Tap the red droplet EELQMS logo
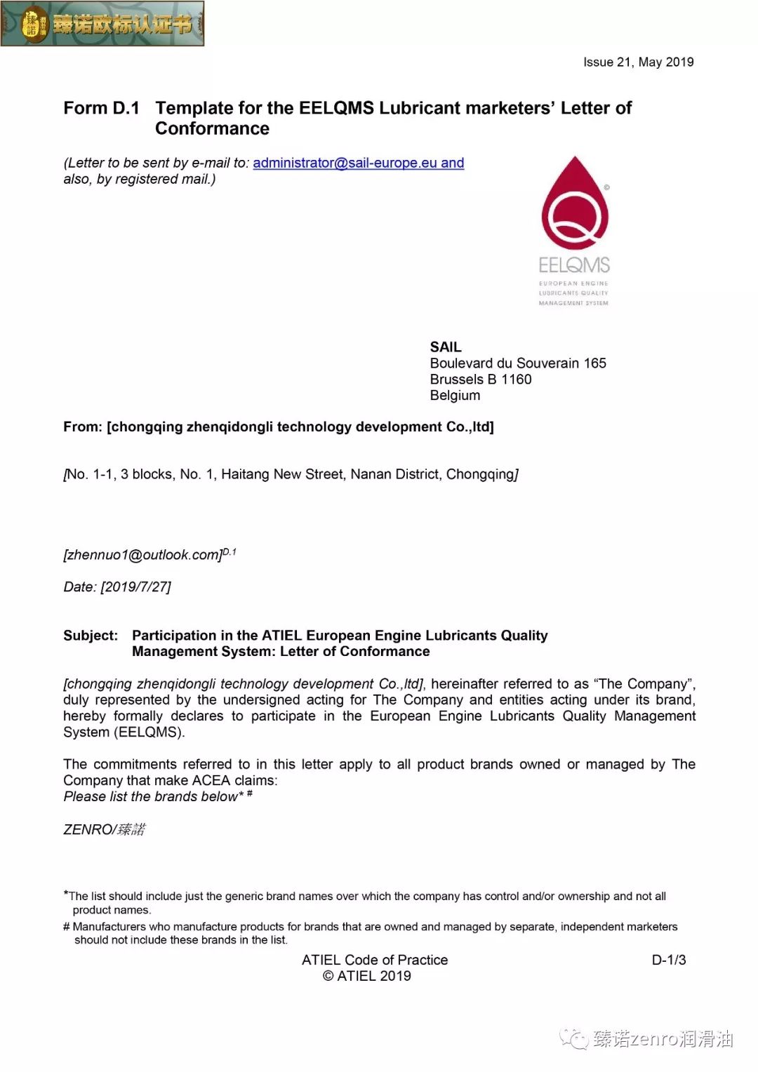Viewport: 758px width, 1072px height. pos(575,204)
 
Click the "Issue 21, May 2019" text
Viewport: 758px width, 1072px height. pos(638,62)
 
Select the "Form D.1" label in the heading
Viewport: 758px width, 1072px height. pos(101,108)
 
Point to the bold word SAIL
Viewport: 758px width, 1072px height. pos(446,347)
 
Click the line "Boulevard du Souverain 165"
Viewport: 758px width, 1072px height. pos(517,363)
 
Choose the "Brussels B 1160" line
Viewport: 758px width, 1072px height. pos(480,379)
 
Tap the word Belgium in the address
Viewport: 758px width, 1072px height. pos(455,395)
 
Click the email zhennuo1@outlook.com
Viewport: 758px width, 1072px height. pos(142,554)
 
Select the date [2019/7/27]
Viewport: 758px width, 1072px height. pos(135,587)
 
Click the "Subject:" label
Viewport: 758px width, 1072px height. pos(91,635)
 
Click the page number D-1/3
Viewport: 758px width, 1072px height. pos(668,960)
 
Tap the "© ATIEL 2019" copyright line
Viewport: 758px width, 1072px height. pos(366,976)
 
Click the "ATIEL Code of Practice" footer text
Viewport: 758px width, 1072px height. pos(374,960)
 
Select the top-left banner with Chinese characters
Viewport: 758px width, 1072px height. pos(102,24)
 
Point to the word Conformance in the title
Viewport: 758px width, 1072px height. pos(212,128)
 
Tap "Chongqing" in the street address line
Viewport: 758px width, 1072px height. pos(480,474)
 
